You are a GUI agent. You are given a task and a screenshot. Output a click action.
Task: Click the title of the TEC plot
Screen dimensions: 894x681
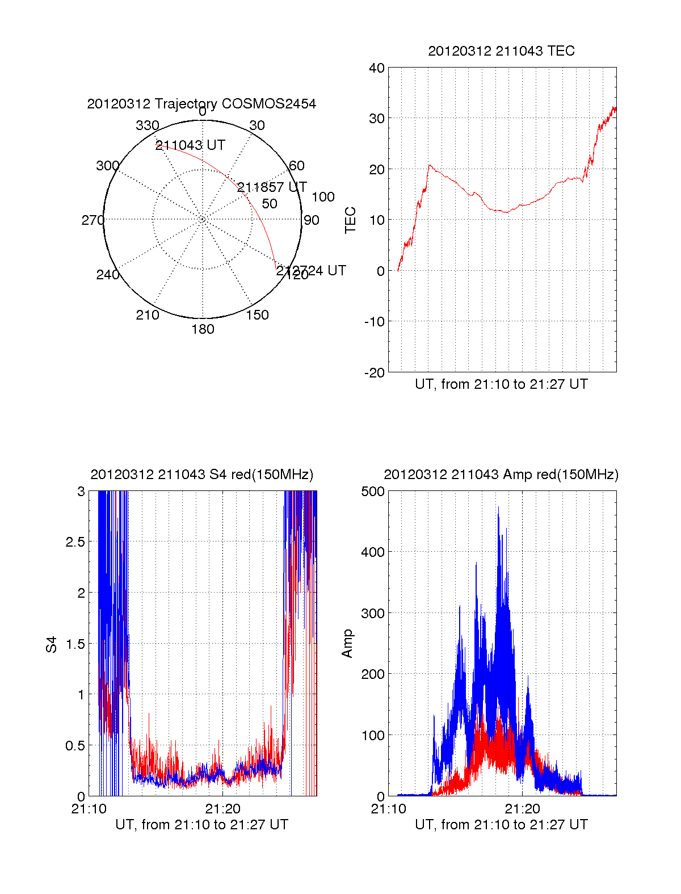(501, 51)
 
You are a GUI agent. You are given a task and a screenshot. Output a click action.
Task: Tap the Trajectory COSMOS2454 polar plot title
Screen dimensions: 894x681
(201, 104)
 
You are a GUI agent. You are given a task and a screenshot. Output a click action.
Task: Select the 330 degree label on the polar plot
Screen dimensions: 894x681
(148, 125)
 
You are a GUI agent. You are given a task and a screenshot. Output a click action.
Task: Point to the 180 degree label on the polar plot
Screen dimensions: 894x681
(203, 329)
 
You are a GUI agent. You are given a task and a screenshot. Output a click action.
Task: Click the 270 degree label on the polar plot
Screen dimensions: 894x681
(93, 220)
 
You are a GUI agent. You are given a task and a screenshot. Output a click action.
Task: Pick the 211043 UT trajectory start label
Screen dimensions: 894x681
(190, 145)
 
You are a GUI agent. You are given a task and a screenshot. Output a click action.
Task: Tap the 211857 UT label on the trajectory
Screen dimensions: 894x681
(272, 187)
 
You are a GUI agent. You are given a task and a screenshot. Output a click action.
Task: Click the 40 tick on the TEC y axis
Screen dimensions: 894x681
(377, 68)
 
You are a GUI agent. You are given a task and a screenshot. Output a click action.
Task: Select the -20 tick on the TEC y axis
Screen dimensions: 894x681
(374, 372)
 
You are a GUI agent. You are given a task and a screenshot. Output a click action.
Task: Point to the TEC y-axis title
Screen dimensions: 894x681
(351, 220)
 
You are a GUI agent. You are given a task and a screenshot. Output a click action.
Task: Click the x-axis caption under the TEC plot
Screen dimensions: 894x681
(501, 384)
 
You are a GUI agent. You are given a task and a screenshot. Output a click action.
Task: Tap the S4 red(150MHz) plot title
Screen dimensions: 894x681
(201, 475)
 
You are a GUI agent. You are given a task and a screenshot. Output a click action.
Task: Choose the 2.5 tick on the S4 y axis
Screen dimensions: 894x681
(75, 542)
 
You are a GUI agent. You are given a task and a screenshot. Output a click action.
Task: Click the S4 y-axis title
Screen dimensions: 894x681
(52, 644)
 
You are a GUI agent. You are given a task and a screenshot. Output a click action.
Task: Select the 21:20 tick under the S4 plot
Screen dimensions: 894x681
(223, 809)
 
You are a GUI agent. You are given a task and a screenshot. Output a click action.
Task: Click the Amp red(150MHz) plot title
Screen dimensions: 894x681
(501, 475)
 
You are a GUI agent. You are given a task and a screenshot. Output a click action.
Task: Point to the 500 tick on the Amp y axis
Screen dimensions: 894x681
(373, 492)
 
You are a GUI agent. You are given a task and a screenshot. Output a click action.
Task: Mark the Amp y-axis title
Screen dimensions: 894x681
(347, 644)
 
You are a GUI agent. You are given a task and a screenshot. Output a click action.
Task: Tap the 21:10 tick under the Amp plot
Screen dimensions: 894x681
(389, 809)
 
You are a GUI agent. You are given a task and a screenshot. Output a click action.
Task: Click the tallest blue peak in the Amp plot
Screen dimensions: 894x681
(498, 508)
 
